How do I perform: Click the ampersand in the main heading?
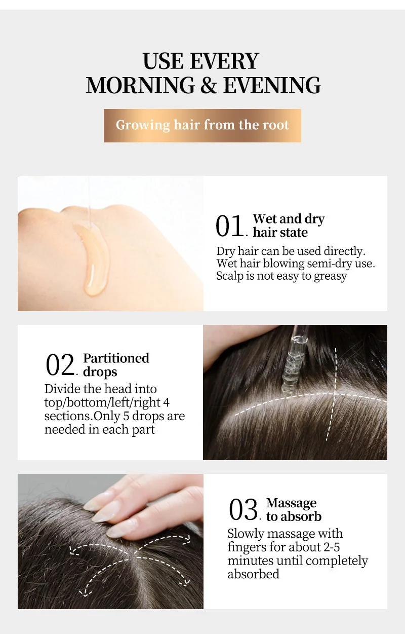[209, 85]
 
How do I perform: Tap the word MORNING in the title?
[141, 85]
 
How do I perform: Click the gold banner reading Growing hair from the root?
[202, 125]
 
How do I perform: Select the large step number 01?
[229, 226]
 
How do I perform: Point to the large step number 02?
[60, 365]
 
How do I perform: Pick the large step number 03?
[243, 510]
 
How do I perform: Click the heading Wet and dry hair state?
[289, 226]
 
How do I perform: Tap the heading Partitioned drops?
[116, 365]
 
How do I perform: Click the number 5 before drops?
[126, 416]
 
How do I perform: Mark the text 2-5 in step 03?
[332, 547]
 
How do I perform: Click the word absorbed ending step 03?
[253, 574]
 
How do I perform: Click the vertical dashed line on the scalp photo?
[332, 394]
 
